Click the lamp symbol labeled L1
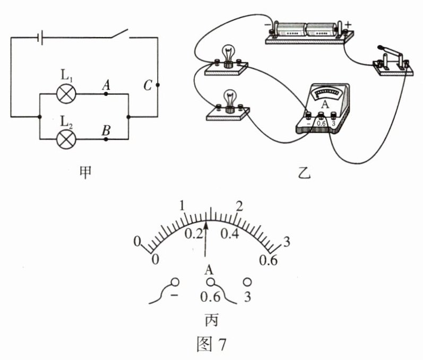coord(66,94)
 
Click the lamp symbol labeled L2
coord(66,139)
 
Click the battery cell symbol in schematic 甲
coord(39,37)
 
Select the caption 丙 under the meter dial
coord(211,320)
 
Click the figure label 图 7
coord(211,343)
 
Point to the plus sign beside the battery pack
coord(348,24)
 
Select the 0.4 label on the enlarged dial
coord(231,234)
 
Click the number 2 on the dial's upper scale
coord(239,206)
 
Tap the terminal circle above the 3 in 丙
coord(247,282)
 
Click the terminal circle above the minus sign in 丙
coord(176,282)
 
